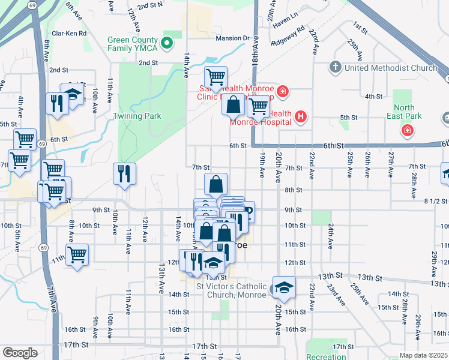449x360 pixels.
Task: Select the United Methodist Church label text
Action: click(x=390, y=68)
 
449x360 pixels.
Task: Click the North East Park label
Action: click(x=408, y=112)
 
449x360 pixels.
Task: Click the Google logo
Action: click(x=20, y=352)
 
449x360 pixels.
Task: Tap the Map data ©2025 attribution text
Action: click(x=423, y=355)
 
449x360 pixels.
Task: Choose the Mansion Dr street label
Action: click(x=232, y=38)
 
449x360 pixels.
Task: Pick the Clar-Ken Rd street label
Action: click(x=69, y=34)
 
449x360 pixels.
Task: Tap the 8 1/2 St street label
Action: click(x=436, y=202)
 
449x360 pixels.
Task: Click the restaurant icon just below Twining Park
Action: click(x=124, y=174)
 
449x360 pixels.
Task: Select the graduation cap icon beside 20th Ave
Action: click(x=284, y=287)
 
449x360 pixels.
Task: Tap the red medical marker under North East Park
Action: click(x=408, y=130)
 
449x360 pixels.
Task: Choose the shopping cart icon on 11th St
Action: click(x=77, y=254)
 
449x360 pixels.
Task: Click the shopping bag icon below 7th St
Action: click(x=216, y=184)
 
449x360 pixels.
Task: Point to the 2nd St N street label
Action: click(x=150, y=5)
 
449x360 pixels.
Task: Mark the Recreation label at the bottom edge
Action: click(x=326, y=356)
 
